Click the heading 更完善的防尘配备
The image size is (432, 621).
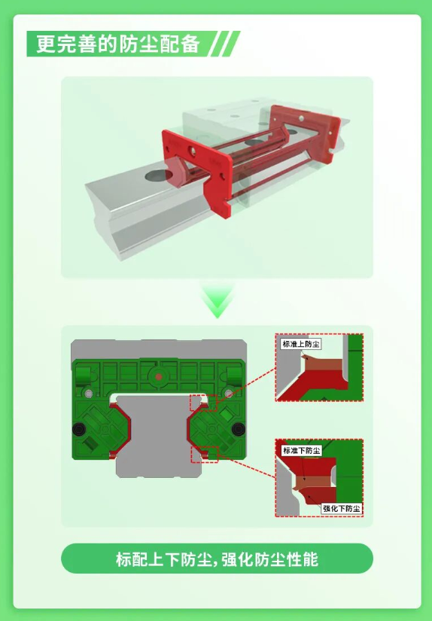pos(118,44)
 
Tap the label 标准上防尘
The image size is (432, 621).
pos(300,344)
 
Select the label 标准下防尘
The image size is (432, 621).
pos(301,450)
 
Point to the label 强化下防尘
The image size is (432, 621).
pos(342,509)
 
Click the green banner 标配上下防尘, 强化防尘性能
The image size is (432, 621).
pos(217,559)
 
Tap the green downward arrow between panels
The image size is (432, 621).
pos(218,301)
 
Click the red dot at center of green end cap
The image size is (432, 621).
pos(158,377)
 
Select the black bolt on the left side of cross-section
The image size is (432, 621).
pos(79,428)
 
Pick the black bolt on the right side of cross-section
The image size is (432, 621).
pos(238,428)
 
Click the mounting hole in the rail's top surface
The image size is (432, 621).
pos(158,175)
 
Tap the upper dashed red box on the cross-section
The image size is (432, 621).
pos(203,403)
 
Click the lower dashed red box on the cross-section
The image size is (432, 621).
pos(204,454)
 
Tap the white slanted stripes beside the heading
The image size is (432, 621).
pos(224,44)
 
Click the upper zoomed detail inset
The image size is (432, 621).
pos(319,367)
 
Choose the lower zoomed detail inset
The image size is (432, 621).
pos(319,478)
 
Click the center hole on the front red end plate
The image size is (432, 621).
pos(192,151)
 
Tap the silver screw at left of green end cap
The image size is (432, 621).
pos(89,394)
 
